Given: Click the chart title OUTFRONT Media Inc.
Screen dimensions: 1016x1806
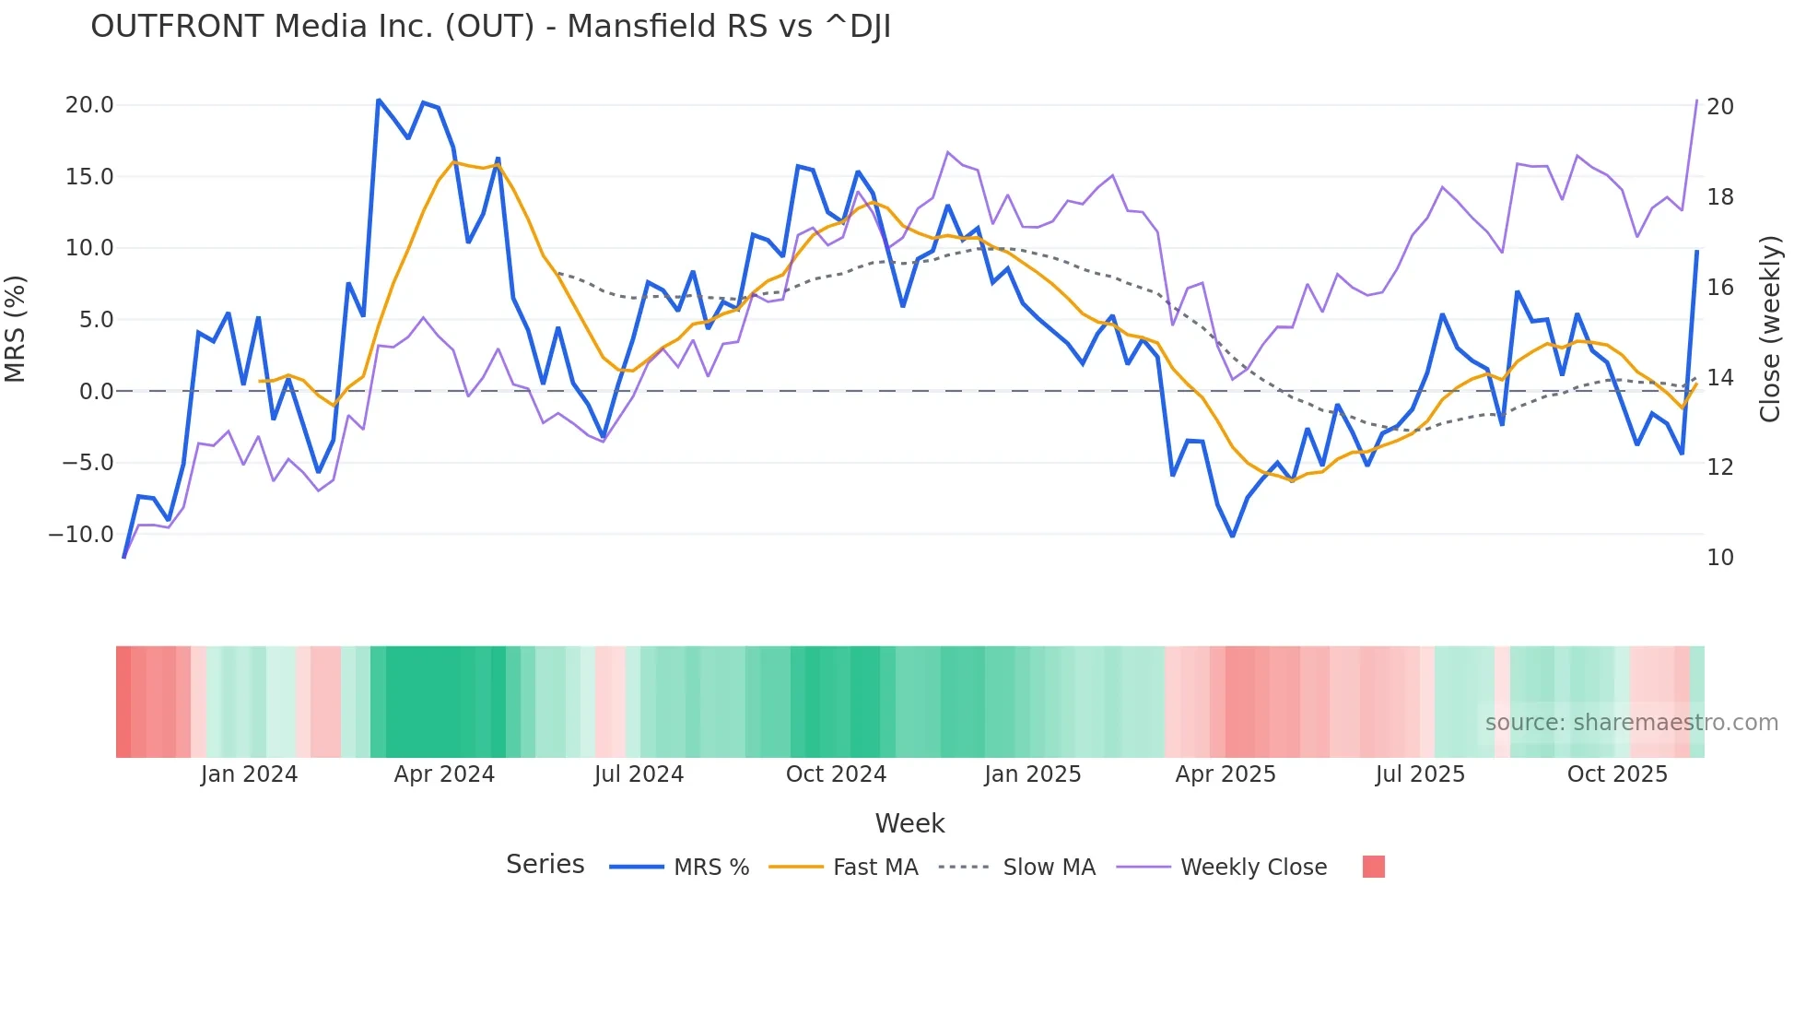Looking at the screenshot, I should click(490, 27).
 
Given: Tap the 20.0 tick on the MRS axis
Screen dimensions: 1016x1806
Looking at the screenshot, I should click(89, 105).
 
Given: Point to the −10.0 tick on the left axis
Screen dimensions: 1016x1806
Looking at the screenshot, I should click(81, 535).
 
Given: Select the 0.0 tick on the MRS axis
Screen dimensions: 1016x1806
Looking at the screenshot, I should click(97, 392).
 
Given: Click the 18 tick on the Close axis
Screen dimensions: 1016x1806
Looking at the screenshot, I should click(1720, 197).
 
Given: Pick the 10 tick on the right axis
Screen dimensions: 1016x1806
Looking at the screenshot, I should click(1720, 558).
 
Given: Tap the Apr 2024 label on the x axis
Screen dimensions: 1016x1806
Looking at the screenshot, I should click(444, 774).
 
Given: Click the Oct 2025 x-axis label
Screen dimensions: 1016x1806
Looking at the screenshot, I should click(1617, 774).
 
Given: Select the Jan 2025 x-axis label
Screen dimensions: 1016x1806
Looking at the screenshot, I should click(1032, 774).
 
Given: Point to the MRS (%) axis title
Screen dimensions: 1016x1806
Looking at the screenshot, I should click(16, 329).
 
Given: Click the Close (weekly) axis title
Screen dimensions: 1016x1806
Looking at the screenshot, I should click(1770, 329).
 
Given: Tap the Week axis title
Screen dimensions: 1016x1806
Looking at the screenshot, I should click(909, 823).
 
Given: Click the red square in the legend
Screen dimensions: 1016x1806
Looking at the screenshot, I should click(1373, 867).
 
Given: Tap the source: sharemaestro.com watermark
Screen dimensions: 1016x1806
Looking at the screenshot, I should click(1631, 723).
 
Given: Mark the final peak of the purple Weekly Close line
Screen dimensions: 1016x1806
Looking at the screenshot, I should click(1696, 100).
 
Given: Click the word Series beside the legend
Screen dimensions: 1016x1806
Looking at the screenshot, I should click(545, 865).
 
